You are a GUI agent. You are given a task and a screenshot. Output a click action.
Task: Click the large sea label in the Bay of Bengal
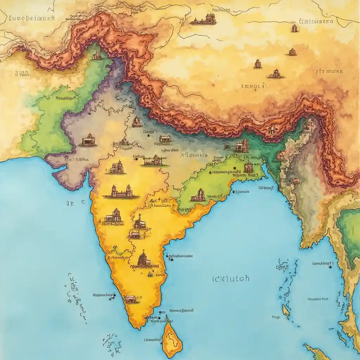click(x=231, y=279)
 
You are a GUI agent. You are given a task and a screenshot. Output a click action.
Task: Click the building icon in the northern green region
click(x=97, y=55)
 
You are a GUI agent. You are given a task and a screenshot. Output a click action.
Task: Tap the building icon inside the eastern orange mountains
click(x=272, y=129)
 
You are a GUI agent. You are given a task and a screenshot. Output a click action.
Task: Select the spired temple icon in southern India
click(x=143, y=259)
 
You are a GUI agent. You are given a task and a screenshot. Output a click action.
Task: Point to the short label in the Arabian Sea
click(x=75, y=203)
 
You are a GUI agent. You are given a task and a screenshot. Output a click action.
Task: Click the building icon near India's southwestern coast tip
click(x=130, y=299)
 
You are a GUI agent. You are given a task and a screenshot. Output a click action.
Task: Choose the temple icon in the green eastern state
click(x=199, y=195)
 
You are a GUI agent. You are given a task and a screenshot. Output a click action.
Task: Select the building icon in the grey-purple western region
click(x=88, y=141)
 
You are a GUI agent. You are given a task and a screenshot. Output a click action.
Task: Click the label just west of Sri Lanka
click(x=153, y=340)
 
